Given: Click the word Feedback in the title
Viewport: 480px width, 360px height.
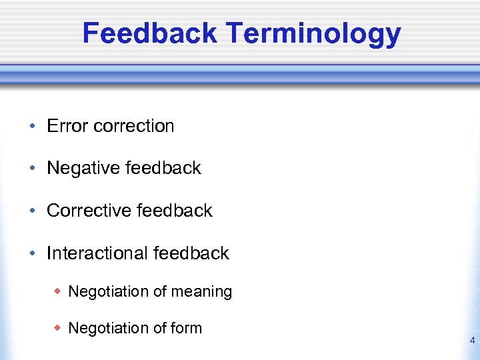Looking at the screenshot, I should coord(149,33).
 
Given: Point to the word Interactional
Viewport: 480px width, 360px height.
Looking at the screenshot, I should coord(97,253).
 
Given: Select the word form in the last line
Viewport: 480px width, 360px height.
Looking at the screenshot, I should coord(187,328).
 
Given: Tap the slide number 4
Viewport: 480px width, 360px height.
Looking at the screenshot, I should coord(472,341).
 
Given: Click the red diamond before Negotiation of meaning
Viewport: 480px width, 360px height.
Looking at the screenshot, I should coord(58,291).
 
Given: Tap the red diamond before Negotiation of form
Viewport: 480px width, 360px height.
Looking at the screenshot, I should coord(58,328).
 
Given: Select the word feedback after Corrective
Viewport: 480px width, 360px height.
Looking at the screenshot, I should coord(174,211).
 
